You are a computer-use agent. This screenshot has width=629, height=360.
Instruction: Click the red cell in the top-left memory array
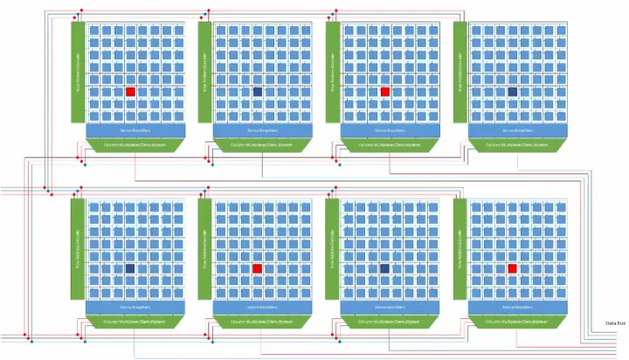coord(130,91)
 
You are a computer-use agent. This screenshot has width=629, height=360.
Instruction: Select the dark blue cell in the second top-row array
coord(258,91)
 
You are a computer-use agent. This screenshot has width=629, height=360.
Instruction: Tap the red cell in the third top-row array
coord(385,91)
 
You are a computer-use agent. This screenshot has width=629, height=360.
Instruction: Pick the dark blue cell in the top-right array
coord(513,91)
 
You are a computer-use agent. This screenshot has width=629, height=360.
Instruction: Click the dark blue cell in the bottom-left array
coord(130,268)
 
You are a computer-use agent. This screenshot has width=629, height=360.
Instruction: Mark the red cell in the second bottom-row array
coord(258,268)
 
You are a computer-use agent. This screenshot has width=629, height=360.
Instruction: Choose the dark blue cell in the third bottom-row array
coord(385,268)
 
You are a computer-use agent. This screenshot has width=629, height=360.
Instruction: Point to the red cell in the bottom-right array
coord(513,268)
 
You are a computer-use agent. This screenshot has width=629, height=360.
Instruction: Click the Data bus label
coord(615,323)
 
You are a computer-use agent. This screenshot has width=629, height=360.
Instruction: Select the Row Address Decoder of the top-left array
coord(78,72)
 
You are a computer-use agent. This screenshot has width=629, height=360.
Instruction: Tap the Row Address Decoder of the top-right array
coord(460,72)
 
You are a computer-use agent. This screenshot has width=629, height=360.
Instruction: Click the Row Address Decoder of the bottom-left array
coord(78,249)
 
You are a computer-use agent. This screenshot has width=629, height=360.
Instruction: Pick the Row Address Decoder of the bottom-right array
coord(460,249)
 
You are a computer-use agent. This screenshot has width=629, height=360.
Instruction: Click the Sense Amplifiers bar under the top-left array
coord(135,130)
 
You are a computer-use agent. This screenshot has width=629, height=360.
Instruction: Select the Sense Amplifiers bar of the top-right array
coord(518,130)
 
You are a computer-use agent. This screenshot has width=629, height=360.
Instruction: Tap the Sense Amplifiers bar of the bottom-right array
coord(518,308)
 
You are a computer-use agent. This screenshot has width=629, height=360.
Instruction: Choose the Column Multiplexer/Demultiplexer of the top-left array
coord(135,143)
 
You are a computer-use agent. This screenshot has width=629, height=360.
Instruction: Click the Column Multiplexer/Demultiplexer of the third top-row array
coord(391,143)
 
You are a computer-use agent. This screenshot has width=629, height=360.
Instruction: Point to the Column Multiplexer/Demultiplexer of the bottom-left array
coord(135,322)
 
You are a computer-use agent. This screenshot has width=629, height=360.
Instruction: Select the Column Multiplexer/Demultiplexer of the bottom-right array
coord(518,322)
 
